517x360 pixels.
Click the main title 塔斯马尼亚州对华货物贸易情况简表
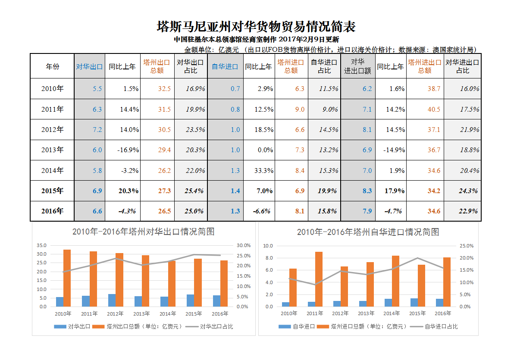(x=256, y=27)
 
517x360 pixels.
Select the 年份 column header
(x=53, y=66)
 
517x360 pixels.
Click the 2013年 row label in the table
(x=53, y=150)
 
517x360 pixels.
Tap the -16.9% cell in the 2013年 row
(x=128, y=150)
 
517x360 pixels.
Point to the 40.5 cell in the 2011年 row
(x=434, y=110)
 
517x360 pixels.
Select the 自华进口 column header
(x=225, y=66)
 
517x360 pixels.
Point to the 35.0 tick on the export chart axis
(x=42, y=245)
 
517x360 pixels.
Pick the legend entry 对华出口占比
(x=216, y=326)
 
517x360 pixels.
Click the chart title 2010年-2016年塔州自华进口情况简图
(x=368, y=232)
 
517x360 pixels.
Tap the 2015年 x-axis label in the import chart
(x=418, y=313)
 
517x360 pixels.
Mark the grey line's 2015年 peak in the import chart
(x=417, y=258)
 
